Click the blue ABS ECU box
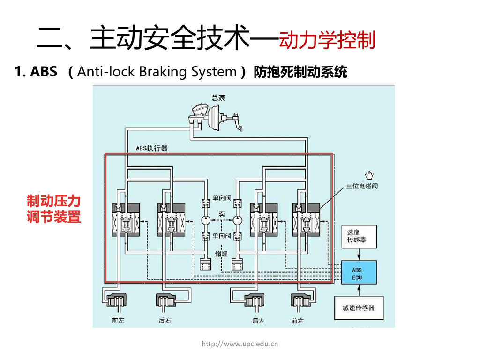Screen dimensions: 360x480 coord(358,272)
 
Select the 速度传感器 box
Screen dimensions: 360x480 coord(358,237)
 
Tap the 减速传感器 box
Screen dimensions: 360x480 coord(358,308)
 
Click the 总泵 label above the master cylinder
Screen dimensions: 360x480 coord(218,98)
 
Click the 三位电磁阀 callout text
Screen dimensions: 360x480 coord(362,186)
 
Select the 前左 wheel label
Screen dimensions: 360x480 coord(118,321)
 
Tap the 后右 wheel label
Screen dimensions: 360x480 coord(165,321)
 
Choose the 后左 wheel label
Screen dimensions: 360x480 coord(258,321)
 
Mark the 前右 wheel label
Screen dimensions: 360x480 coord(297,321)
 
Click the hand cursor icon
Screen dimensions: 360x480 coord(370,175)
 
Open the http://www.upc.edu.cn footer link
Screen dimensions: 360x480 coord(240,344)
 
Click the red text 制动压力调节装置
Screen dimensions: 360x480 coord(54,209)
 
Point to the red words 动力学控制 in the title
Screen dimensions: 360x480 coord(327,40)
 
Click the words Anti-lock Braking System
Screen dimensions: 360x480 coord(157,72)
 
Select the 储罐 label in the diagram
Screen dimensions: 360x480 coord(221,254)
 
